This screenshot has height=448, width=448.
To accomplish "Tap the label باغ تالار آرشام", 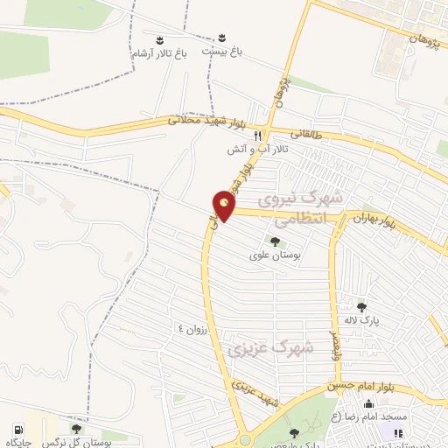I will [x=159, y=53].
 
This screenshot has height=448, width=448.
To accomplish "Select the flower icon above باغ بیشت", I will [x=222, y=38].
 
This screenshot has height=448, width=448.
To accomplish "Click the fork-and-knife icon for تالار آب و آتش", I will [x=257, y=136].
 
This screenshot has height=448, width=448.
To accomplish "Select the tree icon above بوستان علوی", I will [x=275, y=241].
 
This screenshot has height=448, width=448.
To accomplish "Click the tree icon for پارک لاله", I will [x=362, y=306].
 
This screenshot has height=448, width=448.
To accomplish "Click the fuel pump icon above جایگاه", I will [x=18, y=430].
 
